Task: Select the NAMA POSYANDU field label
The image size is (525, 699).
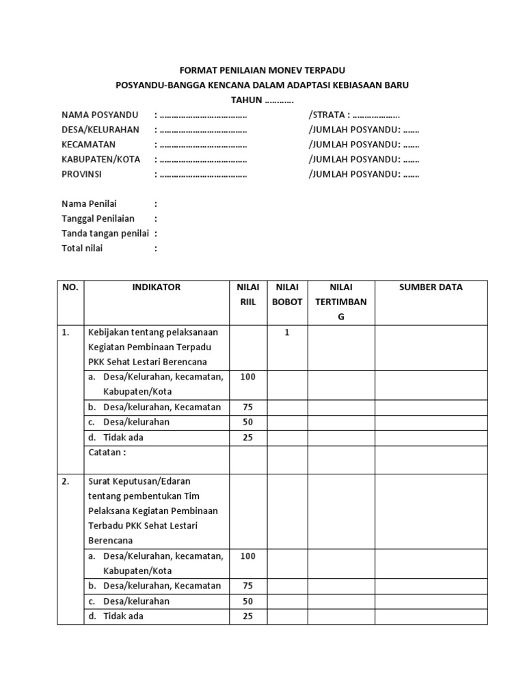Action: [100, 115]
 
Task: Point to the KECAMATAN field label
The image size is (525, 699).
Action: [89, 145]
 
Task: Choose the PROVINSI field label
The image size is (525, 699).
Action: [81, 174]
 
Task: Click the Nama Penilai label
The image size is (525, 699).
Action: [90, 204]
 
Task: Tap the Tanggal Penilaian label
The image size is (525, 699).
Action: [98, 219]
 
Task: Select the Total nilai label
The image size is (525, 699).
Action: [82, 248]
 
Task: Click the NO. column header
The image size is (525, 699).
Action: [70, 287]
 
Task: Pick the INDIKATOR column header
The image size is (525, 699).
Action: [157, 287]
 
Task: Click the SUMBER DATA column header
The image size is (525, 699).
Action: [431, 287]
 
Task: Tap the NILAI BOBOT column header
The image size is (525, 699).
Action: [287, 295]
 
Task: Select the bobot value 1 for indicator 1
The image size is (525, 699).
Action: [287, 332]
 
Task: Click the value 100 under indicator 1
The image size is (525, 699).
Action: [247, 377]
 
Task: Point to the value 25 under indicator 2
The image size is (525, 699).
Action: [247, 616]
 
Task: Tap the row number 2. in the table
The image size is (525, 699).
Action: [66, 481]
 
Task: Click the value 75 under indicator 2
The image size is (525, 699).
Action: [247, 586]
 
